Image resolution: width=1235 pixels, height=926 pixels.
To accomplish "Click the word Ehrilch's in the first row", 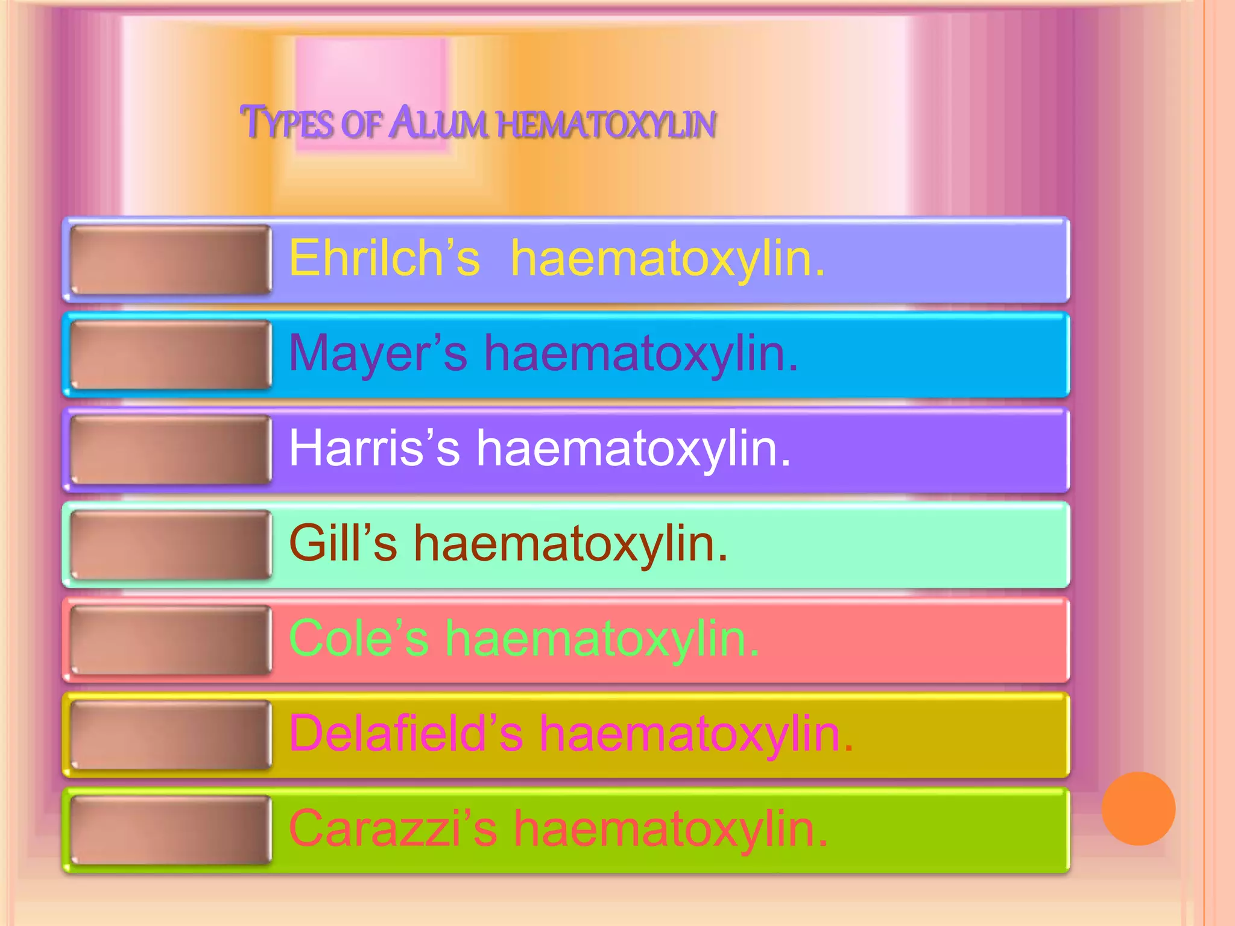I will pyautogui.click(x=384, y=258).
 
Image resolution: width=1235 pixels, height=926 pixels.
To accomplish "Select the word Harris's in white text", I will pyautogui.click(x=374, y=449).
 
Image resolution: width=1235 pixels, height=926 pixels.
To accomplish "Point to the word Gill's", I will pyautogui.click(x=343, y=543).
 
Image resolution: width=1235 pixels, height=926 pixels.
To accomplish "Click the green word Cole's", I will pyautogui.click(x=359, y=638).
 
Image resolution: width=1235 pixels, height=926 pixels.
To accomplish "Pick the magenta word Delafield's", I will pyautogui.click(x=406, y=734).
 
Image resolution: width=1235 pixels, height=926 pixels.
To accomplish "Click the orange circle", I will pyautogui.click(x=1138, y=808).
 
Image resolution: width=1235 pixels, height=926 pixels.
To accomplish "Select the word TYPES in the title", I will pyautogui.click(x=287, y=123).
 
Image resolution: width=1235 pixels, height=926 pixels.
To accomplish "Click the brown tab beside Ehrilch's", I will pyautogui.click(x=171, y=259).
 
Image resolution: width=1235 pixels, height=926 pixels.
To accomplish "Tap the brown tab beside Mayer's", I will pyautogui.click(x=171, y=354).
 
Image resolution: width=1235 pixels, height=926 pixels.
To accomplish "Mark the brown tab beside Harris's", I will pyautogui.click(x=171, y=450).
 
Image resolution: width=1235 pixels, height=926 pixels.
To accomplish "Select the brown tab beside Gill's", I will pyautogui.click(x=171, y=545).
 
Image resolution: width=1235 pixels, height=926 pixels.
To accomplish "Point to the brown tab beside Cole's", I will pyautogui.click(x=171, y=640).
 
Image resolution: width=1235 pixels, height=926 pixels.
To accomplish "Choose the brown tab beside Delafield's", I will pyautogui.click(x=171, y=735).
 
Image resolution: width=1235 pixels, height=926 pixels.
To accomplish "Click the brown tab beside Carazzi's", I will pyautogui.click(x=171, y=830).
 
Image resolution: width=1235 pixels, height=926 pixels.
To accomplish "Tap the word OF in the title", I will pyautogui.click(x=361, y=124).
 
